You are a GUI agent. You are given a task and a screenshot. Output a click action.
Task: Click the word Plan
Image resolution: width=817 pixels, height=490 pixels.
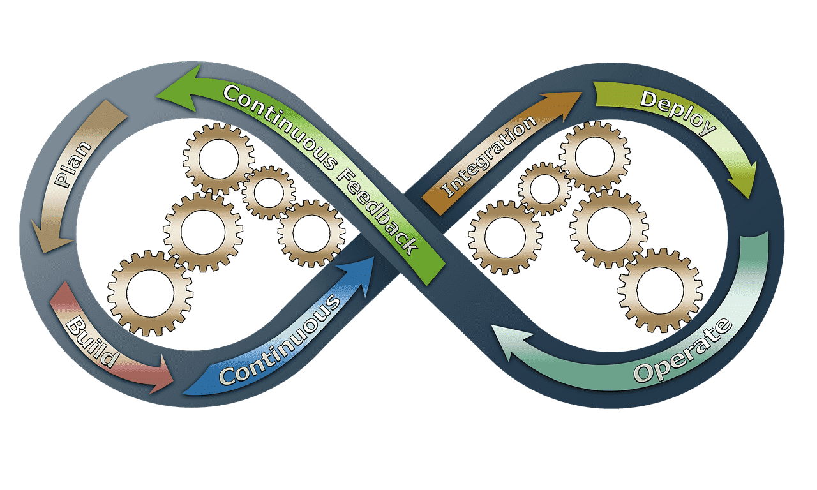coord(73,165)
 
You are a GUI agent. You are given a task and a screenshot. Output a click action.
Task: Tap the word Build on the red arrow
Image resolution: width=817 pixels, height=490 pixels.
coord(92,342)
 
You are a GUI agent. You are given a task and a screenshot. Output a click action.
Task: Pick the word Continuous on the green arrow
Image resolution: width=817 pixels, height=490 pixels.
coord(280,126)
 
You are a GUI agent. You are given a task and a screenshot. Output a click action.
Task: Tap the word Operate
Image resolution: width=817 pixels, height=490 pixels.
coord(683,351)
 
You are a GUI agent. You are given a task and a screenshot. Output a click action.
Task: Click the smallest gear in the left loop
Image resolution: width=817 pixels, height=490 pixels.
coord(269,193)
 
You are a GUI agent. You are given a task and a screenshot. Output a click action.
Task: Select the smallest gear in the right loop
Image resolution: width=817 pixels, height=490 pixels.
coord(545,189)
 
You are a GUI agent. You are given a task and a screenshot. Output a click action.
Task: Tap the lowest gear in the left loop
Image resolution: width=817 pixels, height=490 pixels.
coord(150,293)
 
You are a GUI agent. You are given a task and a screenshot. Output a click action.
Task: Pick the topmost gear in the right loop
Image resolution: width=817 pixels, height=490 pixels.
coord(595,156)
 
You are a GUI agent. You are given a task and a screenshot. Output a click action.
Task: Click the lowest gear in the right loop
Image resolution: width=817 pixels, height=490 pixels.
coord(660,290)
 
